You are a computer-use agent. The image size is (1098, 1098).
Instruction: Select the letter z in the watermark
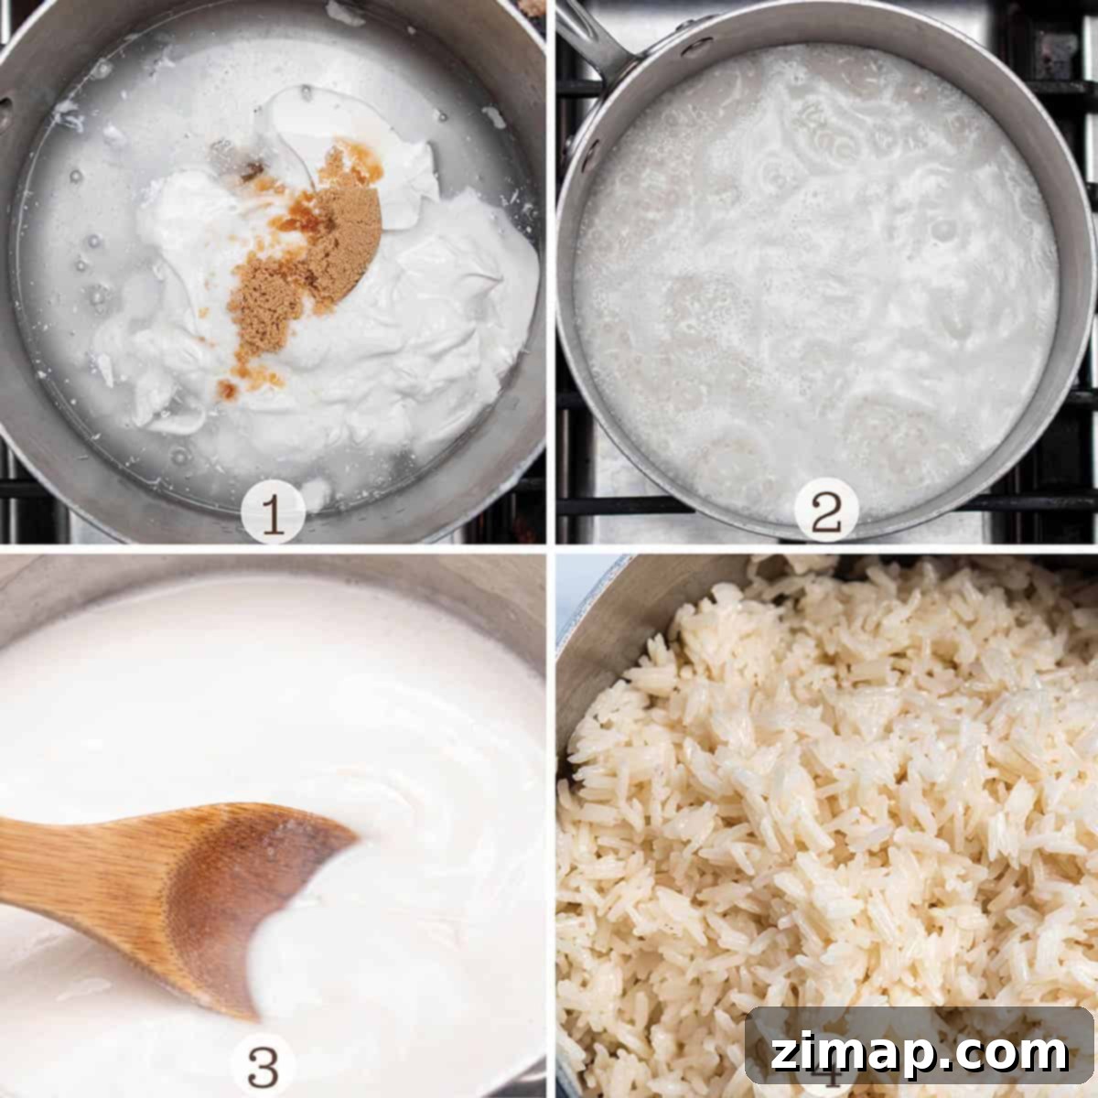pos(784,1052)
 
